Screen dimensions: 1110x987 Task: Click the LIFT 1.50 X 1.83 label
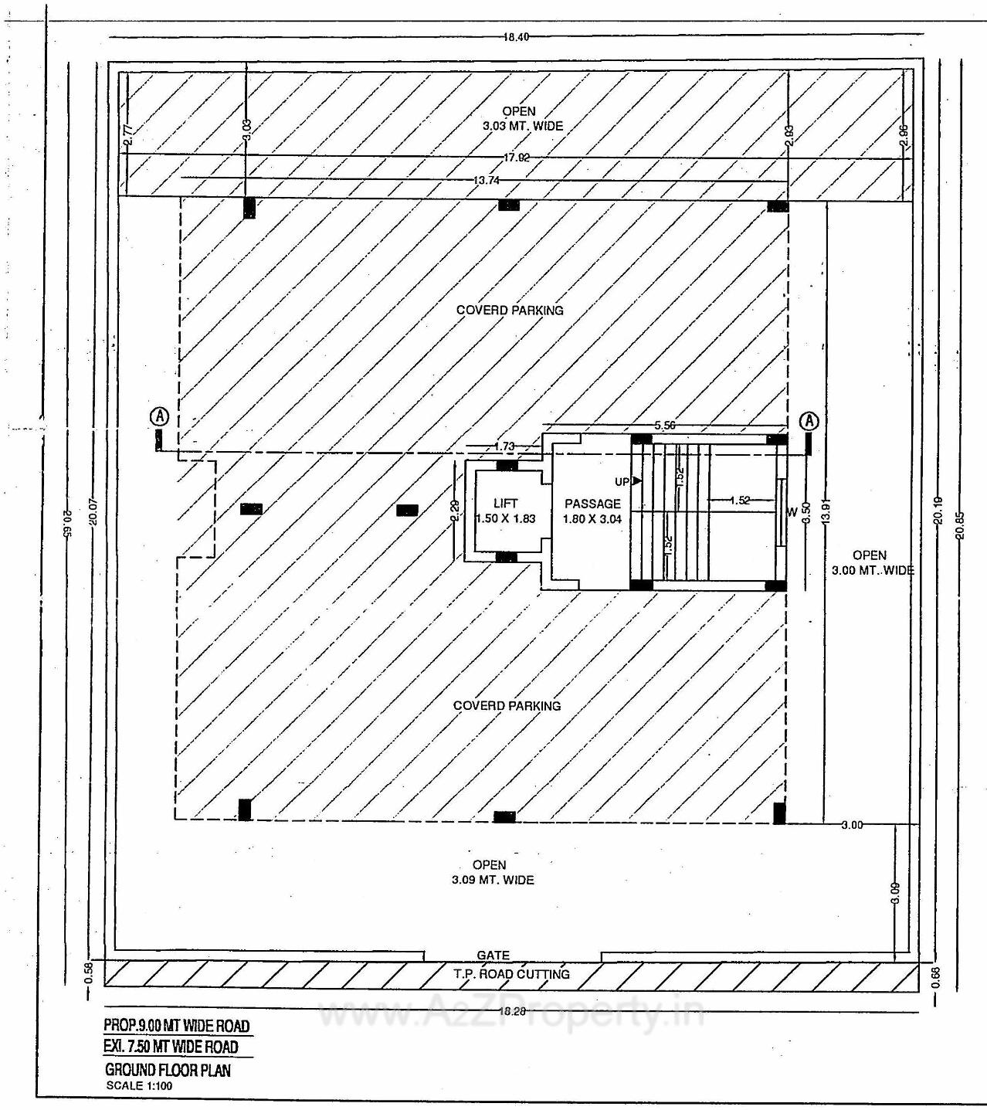tap(505, 511)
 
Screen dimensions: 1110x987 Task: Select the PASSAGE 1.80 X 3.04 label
tap(592, 511)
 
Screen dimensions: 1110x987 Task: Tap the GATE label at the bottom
tap(493, 956)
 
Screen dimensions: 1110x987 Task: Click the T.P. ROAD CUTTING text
tap(511, 974)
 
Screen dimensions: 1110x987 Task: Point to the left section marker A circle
tap(159, 416)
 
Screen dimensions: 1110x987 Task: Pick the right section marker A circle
tap(809, 421)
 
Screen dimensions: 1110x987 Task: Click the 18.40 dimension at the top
tap(515, 36)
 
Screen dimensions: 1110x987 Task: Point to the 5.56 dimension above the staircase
tap(665, 426)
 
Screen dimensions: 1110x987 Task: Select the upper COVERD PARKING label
tap(510, 311)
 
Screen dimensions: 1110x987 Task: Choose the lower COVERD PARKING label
tap(507, 706)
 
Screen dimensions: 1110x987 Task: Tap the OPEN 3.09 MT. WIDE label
tap(492, 872)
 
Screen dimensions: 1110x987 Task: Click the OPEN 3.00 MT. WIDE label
tap(872, 563)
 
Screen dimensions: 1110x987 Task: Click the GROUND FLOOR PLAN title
tap(168, 1070)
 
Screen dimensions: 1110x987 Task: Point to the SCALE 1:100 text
tap(140, 1085)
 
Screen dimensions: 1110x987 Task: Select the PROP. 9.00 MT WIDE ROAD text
tap(177, 1026)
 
